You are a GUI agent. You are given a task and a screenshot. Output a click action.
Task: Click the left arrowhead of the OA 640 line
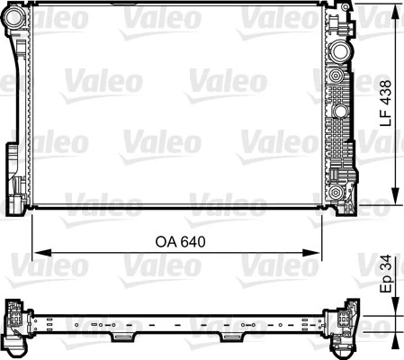37,253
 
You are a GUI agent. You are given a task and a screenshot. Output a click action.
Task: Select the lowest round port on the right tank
337,192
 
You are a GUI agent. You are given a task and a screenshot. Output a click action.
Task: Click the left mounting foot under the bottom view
121,337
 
